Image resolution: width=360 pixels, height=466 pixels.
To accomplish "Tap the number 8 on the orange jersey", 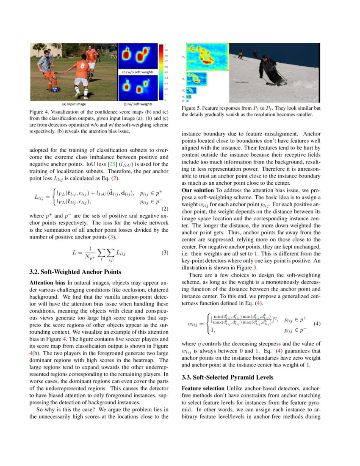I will click(x=81, y=65).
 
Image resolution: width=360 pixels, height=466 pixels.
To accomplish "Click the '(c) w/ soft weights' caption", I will click(x=138, y=104).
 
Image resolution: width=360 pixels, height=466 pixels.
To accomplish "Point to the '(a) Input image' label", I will click(x=74, y=104).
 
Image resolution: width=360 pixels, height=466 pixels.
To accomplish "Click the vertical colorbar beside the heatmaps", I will click(x=161, y=72).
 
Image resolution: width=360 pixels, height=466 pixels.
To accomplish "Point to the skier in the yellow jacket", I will click(x=241, y=53).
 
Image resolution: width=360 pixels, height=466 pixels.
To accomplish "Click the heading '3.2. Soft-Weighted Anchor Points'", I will click(x=75, y=272).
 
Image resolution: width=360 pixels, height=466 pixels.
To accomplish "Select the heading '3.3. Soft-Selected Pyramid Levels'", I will click(x=227, y=377).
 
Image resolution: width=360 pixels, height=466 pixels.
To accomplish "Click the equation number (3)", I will click(x=165, y=253).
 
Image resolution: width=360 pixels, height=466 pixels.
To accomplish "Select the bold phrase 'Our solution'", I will click(x=198, y=191).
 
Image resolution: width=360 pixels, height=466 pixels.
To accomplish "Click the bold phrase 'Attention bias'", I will click(x=47, y=282).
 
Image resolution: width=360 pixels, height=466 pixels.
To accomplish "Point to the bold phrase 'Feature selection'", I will click(x=202, y=388).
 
